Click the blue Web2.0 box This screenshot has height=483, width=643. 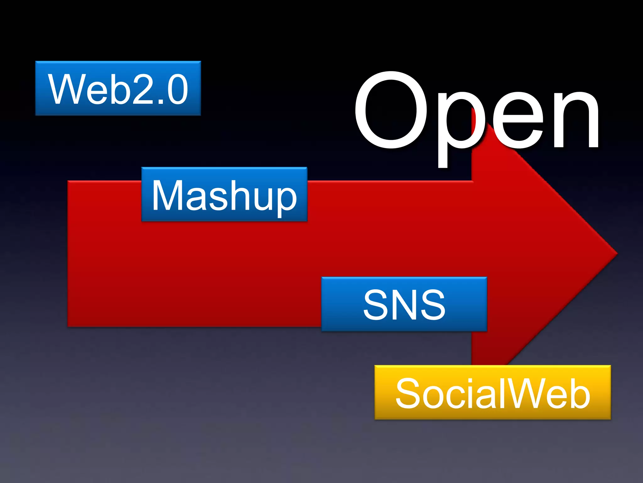coord(118,88)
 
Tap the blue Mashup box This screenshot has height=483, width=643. coord(224,194)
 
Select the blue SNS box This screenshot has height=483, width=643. coord(404,304)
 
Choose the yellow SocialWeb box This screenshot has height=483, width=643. coord(492,392)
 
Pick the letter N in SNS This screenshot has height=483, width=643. coord(404,304)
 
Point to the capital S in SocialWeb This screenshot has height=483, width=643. coord(408,393)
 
